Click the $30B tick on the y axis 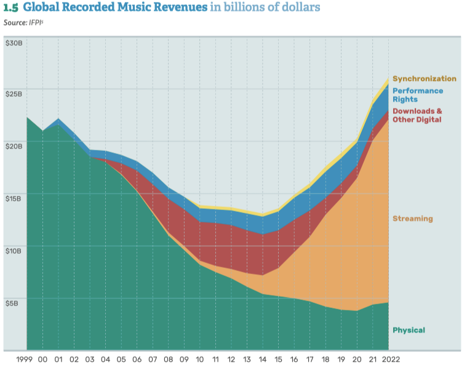14,43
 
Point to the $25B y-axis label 14,94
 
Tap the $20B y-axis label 14,146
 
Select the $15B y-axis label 14,199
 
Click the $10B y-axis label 14,251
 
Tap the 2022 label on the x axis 390,358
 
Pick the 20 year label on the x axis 357,358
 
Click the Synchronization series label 425,79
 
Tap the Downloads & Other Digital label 417,115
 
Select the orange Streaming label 412,219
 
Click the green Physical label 409,330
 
